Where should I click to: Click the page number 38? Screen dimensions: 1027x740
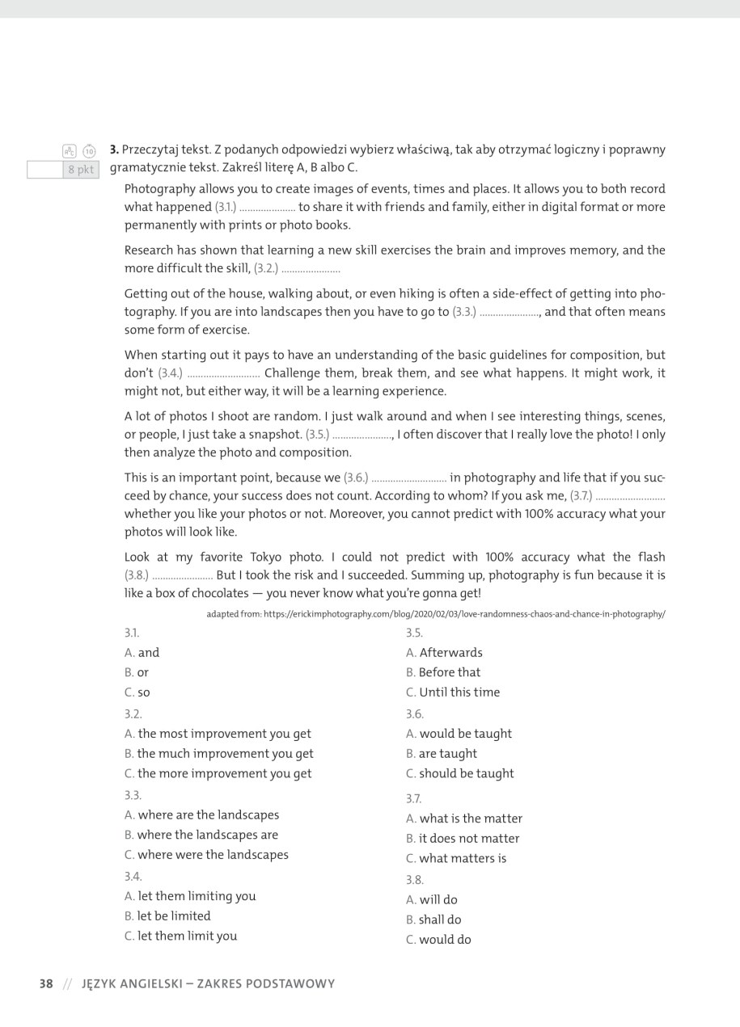tap(46, 983)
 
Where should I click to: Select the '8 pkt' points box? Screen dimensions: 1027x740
tap(80, 170)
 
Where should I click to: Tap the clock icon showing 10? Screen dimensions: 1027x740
tap(89, 151)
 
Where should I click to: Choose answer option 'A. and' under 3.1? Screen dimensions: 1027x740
tap(142, 653)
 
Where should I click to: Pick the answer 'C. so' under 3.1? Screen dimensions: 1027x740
tap(137, 692)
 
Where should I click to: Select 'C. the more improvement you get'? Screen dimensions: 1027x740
tap(218, 773)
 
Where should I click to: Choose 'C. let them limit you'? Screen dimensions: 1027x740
tap(181, 936)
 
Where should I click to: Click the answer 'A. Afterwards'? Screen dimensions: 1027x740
tap(444, 653)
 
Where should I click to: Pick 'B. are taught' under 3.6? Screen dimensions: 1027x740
tap(442, 753)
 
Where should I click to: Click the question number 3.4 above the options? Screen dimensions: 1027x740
tap(133, 876)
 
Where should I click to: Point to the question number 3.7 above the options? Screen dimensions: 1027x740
tap(414, 798)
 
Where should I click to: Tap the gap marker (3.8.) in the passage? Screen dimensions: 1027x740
tap(137, 575)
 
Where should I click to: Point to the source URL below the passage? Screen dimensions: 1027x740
tap(436, 614)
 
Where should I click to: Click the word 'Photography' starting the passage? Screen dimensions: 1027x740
tap(160, 189)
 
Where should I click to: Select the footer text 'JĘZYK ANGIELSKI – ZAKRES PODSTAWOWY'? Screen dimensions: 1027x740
tap(208, 983)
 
